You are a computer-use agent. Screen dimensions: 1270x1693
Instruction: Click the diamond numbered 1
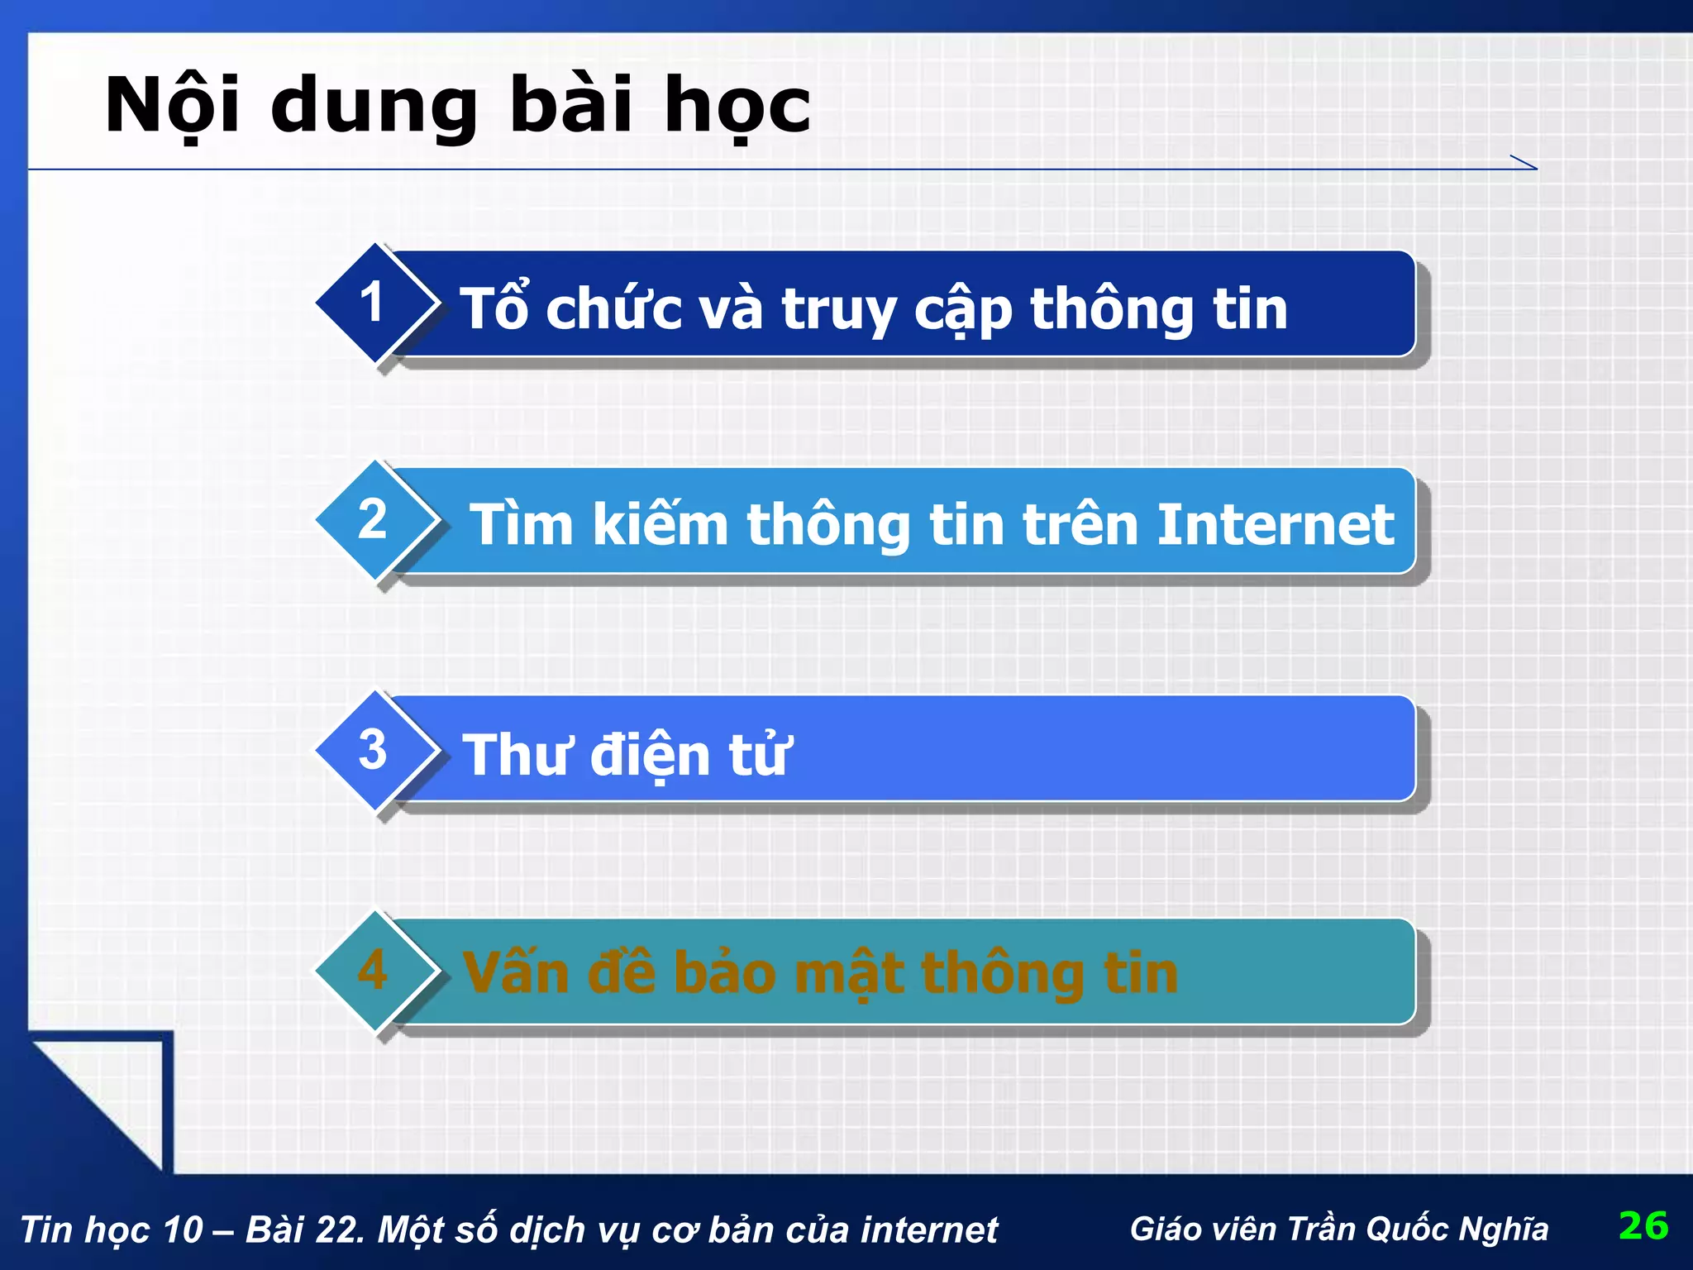click(x=374, y=303)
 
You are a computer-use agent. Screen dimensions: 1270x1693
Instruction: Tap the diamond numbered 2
click(x=374, y=520)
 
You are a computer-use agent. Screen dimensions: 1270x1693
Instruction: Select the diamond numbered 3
click(x=374, y=750)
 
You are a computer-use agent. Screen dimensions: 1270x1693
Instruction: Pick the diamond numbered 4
click(x=374, y=970)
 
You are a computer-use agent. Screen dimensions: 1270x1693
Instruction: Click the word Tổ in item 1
click(x=494, y=308)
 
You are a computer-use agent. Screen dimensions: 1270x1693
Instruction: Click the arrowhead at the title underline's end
click(x=1525, y=163)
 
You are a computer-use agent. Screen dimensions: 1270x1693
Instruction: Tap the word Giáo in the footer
click(x=1162, y=1229)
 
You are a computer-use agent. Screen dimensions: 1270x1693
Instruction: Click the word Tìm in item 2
click(x=521, y=524)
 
